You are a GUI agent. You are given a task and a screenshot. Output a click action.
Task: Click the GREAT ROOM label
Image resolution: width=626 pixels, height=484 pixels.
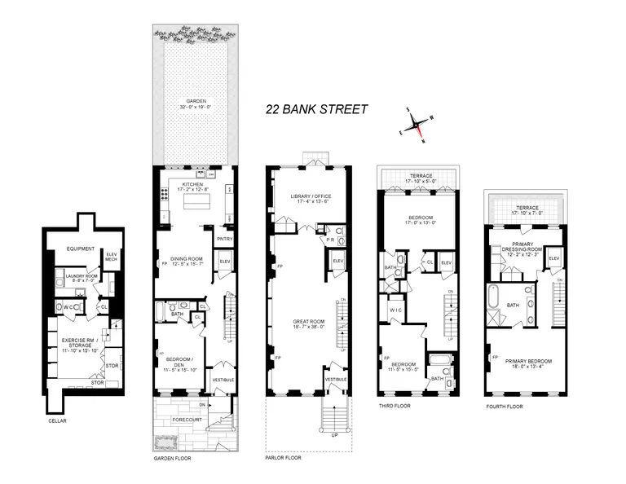[x=307, y=321]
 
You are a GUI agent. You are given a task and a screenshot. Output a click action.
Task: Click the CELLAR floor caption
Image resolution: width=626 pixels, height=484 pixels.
[x=58, y=421]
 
